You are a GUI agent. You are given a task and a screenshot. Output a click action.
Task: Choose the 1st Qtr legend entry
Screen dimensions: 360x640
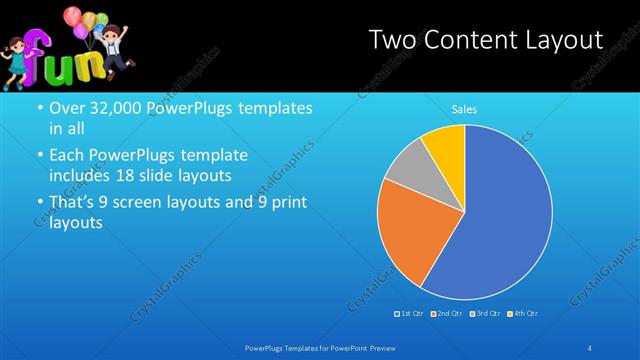click(410, 314)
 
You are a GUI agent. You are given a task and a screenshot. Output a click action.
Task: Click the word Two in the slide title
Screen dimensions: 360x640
click(392, 41)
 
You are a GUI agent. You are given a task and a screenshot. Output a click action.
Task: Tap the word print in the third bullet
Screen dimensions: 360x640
click(287, 203)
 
